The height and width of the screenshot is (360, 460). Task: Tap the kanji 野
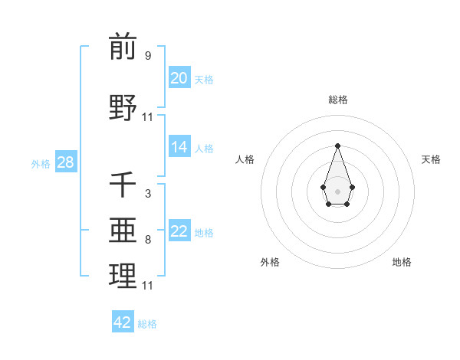pyautogui.click(x=123, y=107)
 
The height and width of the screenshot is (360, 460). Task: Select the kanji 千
pyautogui.click(x=123, y=185)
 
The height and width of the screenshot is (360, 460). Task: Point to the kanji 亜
pyautogui.click(x=123, y=231)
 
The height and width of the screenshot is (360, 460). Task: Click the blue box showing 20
pyautogui.click(x=179, y=78)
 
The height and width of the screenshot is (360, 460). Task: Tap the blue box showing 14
pyautogui.click(x=179, y=147)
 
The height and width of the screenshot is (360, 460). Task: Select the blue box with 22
pyautogui.click(x=179, y=231)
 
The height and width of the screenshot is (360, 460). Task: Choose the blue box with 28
pyautogui.click(x=64, y=162)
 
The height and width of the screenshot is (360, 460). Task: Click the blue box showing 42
pyautogui.click(x=123, y=322)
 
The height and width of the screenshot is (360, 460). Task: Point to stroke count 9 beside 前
pyautogui.click(x=148, y=56)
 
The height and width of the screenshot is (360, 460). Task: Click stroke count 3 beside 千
pyautogui.click(x=148, y=194)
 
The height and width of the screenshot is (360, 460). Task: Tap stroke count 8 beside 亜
pyautogui.click(x=148, y=240)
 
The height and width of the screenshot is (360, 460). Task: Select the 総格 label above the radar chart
pyautogui.click(x=337, y=100)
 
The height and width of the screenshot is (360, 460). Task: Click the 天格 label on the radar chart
pyautogui.click(x=431, y=159)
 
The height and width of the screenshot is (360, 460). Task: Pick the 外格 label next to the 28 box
pyautogui.click(x=41, y=163)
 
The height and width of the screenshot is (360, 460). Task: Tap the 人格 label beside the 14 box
pyautogui.click(x=204, y=148)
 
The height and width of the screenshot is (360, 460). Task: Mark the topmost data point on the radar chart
pyautogui.click(x=337, y=146)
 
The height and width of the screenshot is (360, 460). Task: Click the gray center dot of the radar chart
pyautogui.click(x=337, y=190)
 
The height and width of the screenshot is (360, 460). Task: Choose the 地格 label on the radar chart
pyautogui.click(x=402, y=262)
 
